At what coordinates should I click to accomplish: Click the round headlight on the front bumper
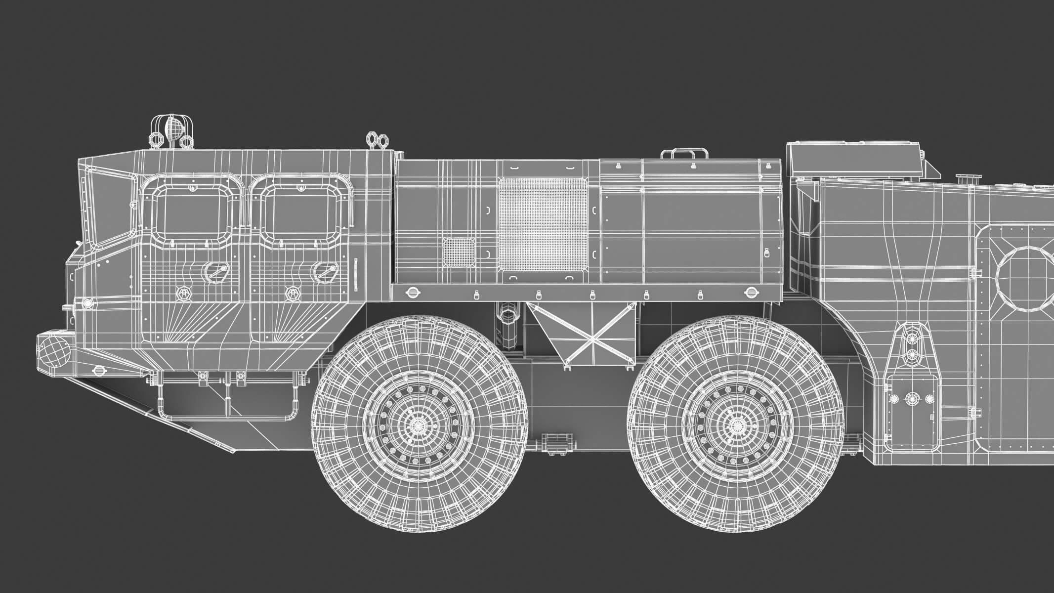tap(53, 349)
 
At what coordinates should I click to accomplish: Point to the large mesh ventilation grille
tap(543, 224)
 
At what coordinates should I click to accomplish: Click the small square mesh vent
tap(459, 251)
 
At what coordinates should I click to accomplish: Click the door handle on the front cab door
tap(213, 271)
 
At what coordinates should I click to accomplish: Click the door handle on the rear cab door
tap(324, 271)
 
